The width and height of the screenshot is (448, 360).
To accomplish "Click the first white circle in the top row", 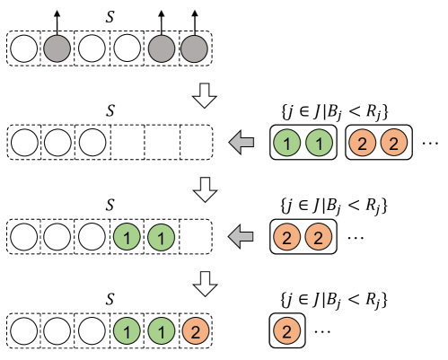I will tap(24, 48).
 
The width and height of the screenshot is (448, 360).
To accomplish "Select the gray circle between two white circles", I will tap(57, 48).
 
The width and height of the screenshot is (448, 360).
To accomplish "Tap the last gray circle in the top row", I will tap(194, 48).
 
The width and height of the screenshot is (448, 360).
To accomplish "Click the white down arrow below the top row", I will tap(206, 96).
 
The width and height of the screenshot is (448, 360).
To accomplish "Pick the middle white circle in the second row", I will tap(58, 143).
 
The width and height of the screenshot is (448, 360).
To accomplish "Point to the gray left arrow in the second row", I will tap(241, 143).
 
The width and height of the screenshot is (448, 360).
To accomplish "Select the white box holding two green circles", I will tap(303, 143).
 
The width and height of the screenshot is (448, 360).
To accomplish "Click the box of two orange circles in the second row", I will tap(378, 143).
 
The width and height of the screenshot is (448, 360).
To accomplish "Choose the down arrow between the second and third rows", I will tap(206, 190).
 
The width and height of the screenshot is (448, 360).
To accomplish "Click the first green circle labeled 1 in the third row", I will tap(127, 238).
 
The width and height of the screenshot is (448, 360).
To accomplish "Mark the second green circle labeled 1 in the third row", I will tap(161, 238).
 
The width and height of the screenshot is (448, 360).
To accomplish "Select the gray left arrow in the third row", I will tap(241, 238).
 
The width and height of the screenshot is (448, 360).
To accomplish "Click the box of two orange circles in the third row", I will tap(303, 238).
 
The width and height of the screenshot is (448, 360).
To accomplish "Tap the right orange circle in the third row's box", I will tap(318, 238).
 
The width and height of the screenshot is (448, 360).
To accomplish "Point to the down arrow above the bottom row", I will tap(206, 285).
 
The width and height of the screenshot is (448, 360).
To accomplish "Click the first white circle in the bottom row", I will tap(24, 332).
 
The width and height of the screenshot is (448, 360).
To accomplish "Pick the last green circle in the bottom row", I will tap(161, 332).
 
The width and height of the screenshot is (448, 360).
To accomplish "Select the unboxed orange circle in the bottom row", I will tap(195, 332).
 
